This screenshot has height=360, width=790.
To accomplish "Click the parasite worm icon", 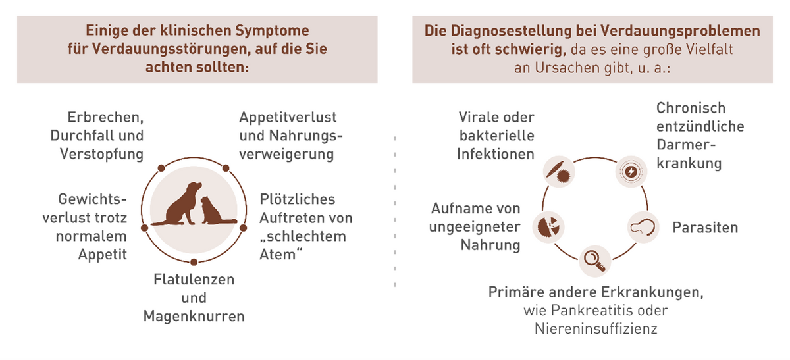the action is click(x=643, y=227).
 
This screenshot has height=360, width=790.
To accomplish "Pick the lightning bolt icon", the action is click(x=631, y=172).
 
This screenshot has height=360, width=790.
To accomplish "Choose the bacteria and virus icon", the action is click(x=559, y=172).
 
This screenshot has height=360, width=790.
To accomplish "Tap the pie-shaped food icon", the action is click(x=548, y=227).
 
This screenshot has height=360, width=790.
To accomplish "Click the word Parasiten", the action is click(x=705, y=228).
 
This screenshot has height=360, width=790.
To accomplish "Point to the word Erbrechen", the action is click(x=105, y=117).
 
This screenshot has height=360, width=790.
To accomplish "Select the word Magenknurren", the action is click(x=194, y=317).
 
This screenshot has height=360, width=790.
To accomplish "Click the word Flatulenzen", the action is click(x=194, y=279).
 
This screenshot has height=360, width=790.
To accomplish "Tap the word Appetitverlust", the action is click(x=288, y=117).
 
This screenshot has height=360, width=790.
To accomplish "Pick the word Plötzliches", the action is click(x=298, y=199).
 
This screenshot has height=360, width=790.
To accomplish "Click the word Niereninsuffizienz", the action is click(x=596, y=328).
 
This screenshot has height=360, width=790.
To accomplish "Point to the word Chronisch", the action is click(x=691, y=108).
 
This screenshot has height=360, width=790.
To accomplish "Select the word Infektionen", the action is click(x=496, y=154).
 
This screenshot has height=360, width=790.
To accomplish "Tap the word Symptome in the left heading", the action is click(x=273, y=31).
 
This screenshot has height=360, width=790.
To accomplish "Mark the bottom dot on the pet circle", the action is click(x=194, y=262).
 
